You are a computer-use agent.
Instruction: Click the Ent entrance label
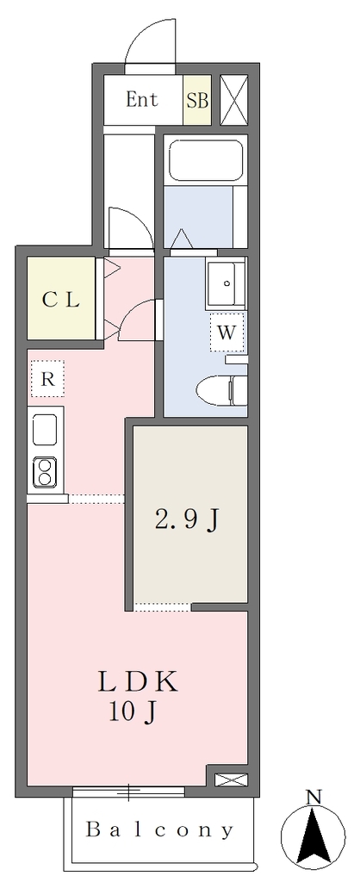(x=142, y=100)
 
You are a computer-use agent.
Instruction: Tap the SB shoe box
(x=197, y=100)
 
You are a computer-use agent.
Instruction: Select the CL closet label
(x=60, y=300)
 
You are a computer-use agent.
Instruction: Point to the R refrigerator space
(x=47, y=379)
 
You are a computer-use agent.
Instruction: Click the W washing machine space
(x=227, y=332)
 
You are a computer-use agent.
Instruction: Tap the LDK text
(x=138, y=682)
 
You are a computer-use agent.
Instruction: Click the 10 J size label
(x=133, y=712)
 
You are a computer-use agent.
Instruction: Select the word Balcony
(x=159, y=829)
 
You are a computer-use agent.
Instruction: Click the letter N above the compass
(x=314, y=797)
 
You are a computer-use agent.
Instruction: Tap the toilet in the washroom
(x=220, y=389)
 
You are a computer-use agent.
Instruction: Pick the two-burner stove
(x=45, y=473)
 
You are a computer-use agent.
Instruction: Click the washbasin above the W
(x=226, y=283)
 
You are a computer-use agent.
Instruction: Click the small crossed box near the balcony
(x=232, y=780)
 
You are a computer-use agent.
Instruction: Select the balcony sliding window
(x=129, y=792)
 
